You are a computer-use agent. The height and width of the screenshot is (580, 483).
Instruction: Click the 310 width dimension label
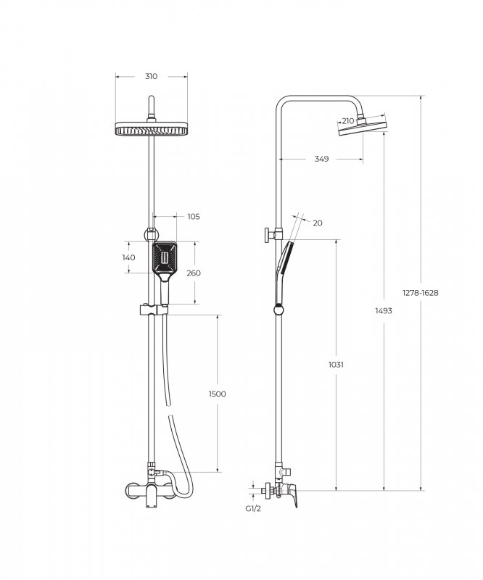pos(151,77)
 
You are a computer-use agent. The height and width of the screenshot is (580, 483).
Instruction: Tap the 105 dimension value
pos(194,216)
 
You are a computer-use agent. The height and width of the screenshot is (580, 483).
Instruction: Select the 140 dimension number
pos(129,257)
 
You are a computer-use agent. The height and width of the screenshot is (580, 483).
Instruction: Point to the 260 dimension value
pos(194,273)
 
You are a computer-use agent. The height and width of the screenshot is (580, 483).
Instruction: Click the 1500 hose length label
pos(218,394)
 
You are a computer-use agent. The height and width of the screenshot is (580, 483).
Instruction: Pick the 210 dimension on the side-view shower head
pos(348,121)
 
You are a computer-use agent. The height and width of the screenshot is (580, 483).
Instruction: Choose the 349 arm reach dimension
pos(321,159)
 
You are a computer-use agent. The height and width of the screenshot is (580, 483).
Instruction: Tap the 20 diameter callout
pos(318,223)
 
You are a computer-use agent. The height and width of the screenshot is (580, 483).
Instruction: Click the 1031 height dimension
pos(336,365)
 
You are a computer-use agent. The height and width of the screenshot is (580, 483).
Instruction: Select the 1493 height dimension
pos(384,311)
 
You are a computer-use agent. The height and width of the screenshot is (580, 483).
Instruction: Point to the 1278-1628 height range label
pos(421,293)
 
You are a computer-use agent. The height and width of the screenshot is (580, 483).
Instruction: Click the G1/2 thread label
pos(253,509)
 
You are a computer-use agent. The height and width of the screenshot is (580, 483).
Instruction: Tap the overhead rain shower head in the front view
pos(152,128)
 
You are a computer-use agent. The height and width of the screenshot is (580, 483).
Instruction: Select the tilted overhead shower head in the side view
pos(363,126)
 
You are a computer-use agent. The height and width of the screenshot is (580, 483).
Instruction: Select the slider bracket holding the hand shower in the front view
pos(153,310)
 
